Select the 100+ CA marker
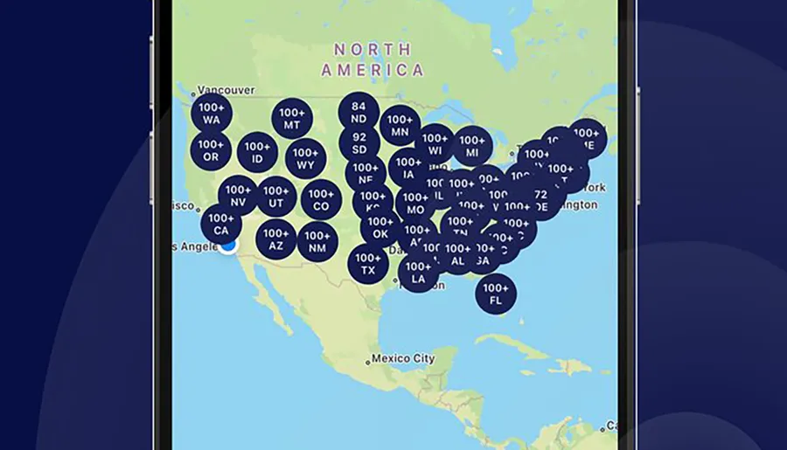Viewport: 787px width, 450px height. click(x=221, y=224)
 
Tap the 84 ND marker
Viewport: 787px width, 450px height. click(x=359, y=112)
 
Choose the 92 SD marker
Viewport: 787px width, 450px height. click(x=359, y=143)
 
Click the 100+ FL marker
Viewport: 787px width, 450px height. click(x=496, y=294)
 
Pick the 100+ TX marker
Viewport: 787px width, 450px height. click(x=368, y=264)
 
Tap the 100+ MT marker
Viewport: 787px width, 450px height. click(x=292, y=119)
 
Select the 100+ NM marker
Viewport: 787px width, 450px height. click(x=317, y=241)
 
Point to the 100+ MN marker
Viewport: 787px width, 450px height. click(x=400, y=126)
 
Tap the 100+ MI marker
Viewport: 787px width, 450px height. click(x=472, y=146)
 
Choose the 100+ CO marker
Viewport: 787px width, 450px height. click(x=321, y=200)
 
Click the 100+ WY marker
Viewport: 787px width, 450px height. click(x=305, y=158)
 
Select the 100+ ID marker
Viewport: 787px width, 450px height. click(x=257, y=152)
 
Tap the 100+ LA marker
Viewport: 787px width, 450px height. click(x=418, y=273)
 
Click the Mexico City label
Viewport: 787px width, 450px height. click(x=401, y=358)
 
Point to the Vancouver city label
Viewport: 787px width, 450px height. click(x=226, y=90)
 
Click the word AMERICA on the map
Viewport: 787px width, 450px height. click(x=373, y=70)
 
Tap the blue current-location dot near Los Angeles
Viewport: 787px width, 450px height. click(x=229, y=246)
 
